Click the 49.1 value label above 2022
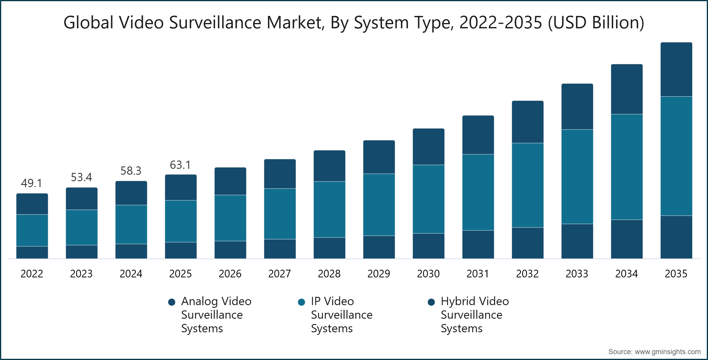(x=32, y=183)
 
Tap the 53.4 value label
(x=81, y=177)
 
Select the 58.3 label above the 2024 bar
(x=131, y=171)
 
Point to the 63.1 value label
(x=180, y=165)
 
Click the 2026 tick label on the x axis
(x=230, y=274)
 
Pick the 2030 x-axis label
(x=428, y=274)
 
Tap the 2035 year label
(x=676, y=274)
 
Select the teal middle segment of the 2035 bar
(x=676, y=156)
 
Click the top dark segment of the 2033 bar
(x=577, y=107)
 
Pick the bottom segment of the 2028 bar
(x=329, y=248)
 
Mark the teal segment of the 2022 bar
(x=32, y=230)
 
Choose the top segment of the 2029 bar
(x=379, y=157)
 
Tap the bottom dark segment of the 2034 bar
(x=627, y=239)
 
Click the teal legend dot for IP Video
(x=301, y=302)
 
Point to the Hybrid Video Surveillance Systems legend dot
(x=431, y=302)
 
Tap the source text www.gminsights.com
(x=667, y=352)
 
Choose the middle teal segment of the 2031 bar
(x=478, y=192)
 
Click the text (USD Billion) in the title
(x=596, y=22)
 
